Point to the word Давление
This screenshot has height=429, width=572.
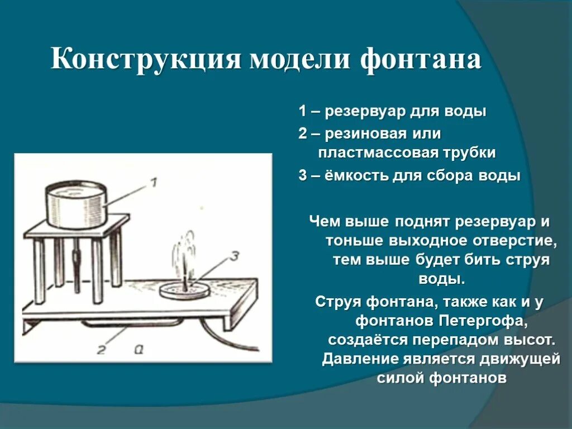click(x=361, y=359)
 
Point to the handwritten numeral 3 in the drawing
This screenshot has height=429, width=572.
click(x=234, y=256)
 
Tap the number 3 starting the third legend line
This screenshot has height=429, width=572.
click(x=302, y=176)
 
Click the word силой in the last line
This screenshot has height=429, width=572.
click(x=400, y=378)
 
